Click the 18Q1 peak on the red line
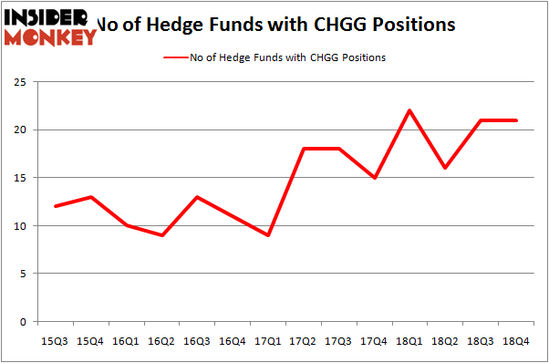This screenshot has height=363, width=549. click(x=409, y=110)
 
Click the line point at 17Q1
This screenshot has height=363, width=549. click(x=268, y=235)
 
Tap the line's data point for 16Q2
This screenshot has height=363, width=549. click(x=161, y=235)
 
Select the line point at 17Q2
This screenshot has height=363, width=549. click(x=303, y=149)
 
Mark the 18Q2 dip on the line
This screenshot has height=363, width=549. click(x=445, y=168)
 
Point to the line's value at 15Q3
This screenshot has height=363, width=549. click(x=56, y=206)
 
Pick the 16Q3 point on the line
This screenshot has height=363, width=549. click(x=197, y=197)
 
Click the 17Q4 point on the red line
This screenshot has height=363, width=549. click(x=374, y=178)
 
